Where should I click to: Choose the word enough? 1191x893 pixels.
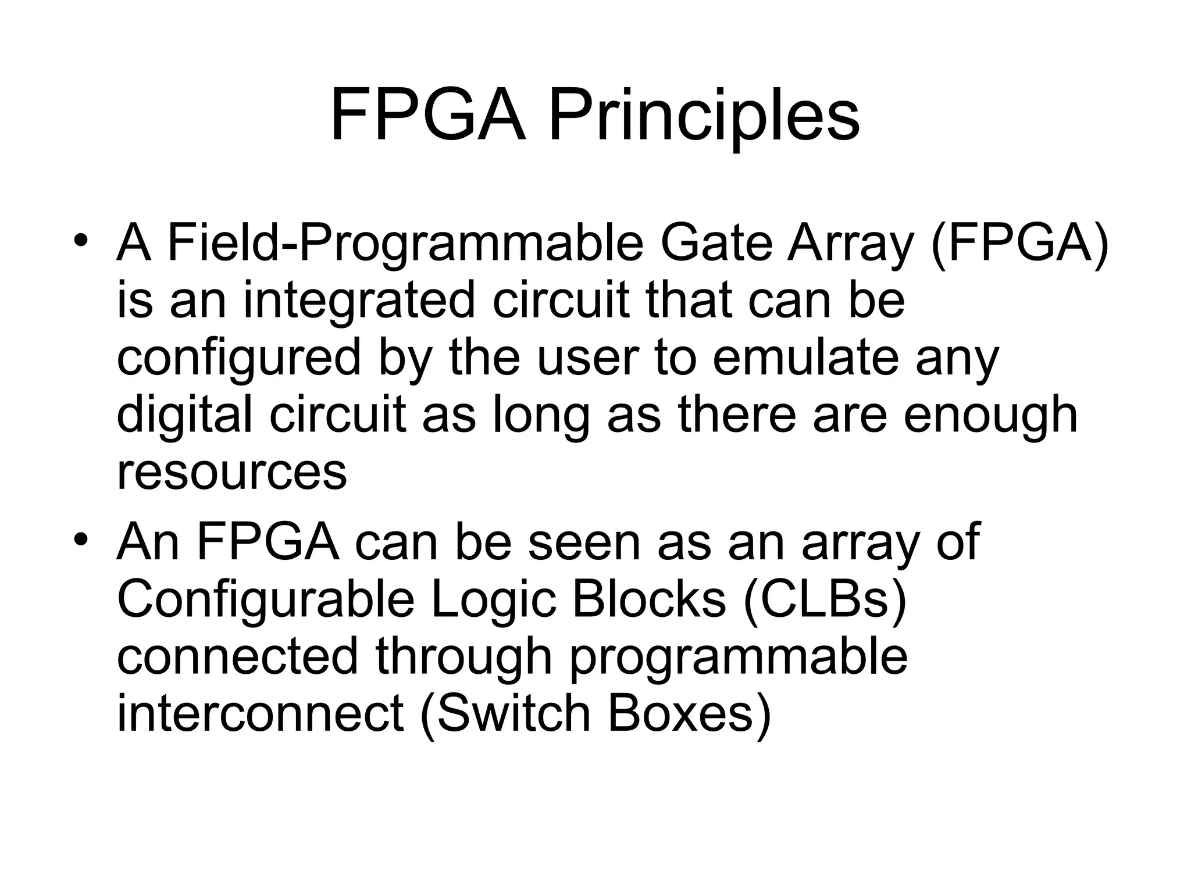990,417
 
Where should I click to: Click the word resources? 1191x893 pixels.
231,472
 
